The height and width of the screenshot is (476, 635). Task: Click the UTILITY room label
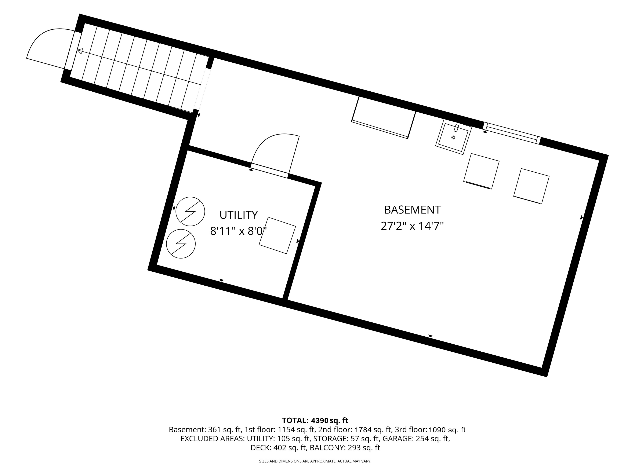pyautogui.click(x=239, y=215)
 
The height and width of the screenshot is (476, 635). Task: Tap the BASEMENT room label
pyautogui.click(x=412, y=210)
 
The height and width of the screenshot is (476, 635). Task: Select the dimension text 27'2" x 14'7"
pyautogui.click(x=412, y=226)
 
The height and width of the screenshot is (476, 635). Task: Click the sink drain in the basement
pyautogui.click(x=453, y=138)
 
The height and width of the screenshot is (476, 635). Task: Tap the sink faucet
pyautogui.click(x=456, y=128)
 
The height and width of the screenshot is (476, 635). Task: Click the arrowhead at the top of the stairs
pyautogui.click(x=80, y=51)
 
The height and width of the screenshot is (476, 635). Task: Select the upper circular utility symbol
pyautogui.click(x=190, y=212)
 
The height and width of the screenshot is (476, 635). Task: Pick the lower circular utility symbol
pyautogui.click(x=181, y=244)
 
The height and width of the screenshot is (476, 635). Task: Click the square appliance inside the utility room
pyautogui.click(x=277, y=235)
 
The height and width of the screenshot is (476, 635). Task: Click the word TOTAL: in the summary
pyautogui.click(x=295, y=420)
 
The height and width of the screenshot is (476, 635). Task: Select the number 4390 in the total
pyautogui.click(x=320, y=420)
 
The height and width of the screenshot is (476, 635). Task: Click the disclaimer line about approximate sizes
pyautogui.click(x=315, y=461)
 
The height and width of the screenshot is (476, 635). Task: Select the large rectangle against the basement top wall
pyautogui.click(x=384, y=118)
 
